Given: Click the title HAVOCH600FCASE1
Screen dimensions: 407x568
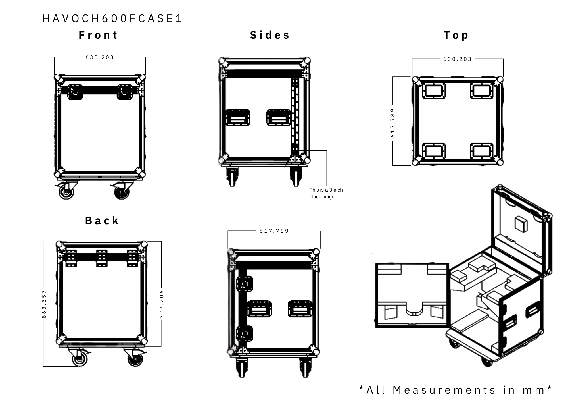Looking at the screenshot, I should click(112, 19).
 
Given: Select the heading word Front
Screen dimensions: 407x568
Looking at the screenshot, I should click(98, 35).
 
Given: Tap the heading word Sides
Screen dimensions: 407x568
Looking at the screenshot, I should click(270, 35).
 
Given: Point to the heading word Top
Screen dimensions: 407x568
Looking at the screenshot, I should click(456, 35).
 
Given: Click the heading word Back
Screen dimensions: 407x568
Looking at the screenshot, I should click(102, 221).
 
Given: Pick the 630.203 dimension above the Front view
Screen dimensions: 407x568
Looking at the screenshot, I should click(100, 57).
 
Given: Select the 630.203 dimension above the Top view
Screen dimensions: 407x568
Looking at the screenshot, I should click(458, 59).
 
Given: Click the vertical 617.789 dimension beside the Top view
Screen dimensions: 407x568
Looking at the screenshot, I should click(393, 123).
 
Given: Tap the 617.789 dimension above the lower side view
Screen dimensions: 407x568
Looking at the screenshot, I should click(274, 231).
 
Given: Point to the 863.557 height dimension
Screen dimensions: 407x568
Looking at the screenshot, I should click(44, 304).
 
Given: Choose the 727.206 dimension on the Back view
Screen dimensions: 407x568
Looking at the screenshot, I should click(162, 304).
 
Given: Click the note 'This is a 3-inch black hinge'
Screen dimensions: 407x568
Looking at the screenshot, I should click(326, 193).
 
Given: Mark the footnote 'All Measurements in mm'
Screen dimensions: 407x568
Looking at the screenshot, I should click(456, 390).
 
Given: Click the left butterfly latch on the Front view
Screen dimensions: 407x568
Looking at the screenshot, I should click(75, 92).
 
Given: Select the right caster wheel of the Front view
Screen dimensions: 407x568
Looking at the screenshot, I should click(122, 192).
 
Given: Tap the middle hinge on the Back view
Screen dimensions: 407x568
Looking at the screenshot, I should click(102, 258).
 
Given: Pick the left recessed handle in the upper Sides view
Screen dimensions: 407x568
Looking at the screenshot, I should click(238, 117).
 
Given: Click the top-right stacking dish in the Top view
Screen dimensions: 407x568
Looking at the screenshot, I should click(482, 91).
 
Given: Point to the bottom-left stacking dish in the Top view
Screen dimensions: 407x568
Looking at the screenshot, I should click(434, 151).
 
